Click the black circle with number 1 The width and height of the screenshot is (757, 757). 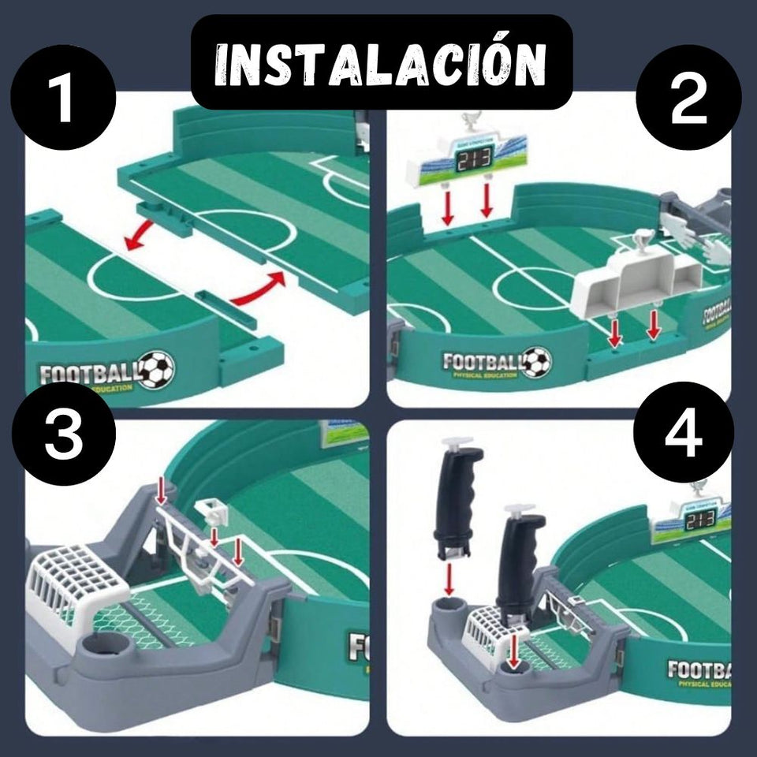pos(63,98)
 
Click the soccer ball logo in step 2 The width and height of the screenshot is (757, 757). pos(537,362)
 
